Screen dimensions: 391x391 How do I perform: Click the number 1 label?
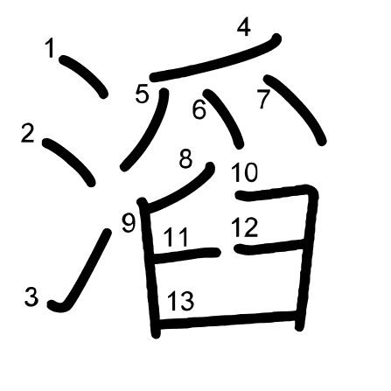coord(50,49)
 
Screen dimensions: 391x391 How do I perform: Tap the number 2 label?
coord(28,134)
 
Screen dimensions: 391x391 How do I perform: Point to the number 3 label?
coord(31,297)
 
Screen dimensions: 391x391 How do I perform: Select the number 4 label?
coord(244,27)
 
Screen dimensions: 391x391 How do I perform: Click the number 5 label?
coord(143,94)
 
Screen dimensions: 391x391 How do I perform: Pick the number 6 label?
coord(199,109)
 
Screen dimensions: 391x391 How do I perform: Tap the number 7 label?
coord(264,99)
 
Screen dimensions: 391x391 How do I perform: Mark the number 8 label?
coord(185,158)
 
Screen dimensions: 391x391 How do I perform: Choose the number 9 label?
coord(129,223)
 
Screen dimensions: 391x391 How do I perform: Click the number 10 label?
coord(244,172)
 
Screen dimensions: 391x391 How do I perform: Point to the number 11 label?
coord(176,238)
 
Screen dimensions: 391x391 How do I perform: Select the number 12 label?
coord(244,227)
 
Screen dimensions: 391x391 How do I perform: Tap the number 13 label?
coord(181,301)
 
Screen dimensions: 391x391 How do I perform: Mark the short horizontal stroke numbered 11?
coord(186,255)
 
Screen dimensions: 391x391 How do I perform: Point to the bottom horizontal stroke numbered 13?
coord(227,320)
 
